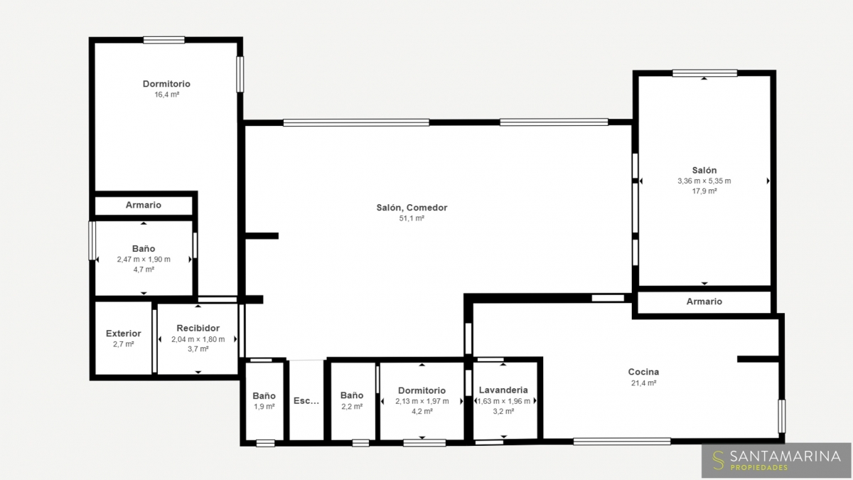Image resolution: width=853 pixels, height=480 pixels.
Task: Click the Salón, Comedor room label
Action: [x=412, y=208]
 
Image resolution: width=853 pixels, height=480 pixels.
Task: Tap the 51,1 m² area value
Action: [x=412, y=218]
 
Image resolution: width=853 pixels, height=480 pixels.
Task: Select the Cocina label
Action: [x=643, y=372]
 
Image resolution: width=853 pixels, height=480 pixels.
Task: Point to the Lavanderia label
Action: [x=503, y=390]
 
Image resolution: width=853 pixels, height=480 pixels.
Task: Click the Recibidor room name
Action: [x=198, y=328]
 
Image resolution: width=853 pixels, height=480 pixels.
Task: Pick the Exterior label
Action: [x=124, y=334]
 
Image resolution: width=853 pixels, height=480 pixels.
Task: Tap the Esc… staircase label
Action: [x=306, y=401]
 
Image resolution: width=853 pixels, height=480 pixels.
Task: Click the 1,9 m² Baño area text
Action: [x=264, y=407]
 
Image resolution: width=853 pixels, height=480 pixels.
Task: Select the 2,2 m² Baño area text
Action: [x=352, y=407]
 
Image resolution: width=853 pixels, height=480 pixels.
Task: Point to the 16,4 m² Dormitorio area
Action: [x=167, y=95]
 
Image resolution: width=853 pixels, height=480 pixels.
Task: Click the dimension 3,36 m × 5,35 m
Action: [x=704, y=181]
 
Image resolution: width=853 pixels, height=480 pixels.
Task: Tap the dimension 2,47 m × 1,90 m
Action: [x=144, y=260]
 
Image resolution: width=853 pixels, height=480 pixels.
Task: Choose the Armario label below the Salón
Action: [x=704, y=302]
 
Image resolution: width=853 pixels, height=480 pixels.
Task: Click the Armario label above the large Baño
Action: [x=144, y=205]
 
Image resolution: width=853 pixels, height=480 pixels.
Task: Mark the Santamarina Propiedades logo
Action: [x=776, y=460]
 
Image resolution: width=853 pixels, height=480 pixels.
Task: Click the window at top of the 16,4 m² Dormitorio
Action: [x=164, y=40]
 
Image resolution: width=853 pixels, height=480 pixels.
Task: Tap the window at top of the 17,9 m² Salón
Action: [x=704, y=73]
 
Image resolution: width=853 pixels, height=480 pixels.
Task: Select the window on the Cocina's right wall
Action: [x=781, y=417]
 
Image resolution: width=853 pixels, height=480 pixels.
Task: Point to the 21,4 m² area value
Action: [x=643, y=383]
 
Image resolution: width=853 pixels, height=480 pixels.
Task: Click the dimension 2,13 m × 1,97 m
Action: [x=422, y=401]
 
